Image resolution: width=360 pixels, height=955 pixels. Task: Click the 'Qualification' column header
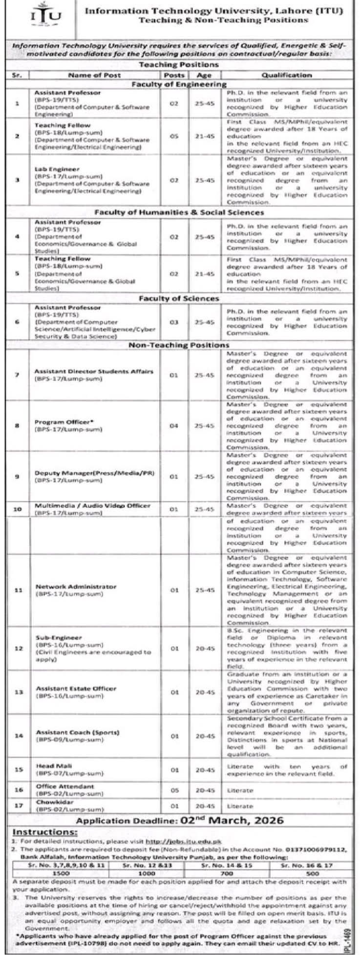pos(286,75)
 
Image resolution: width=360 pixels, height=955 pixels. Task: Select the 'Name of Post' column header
pos(94,75)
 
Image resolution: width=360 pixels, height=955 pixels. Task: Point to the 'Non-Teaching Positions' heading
pos(179,345)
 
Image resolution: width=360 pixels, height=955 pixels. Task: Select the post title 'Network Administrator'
pos(75,586)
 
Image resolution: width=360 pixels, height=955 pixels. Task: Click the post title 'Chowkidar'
pos(48,802)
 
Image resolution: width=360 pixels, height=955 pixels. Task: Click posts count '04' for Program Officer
pos(174,426)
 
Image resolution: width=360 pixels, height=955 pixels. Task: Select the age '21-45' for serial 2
pos(204,136)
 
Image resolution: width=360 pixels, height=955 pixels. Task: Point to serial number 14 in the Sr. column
pos(18,736)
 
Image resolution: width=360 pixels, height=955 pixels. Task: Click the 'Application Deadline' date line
pos(180,820)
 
